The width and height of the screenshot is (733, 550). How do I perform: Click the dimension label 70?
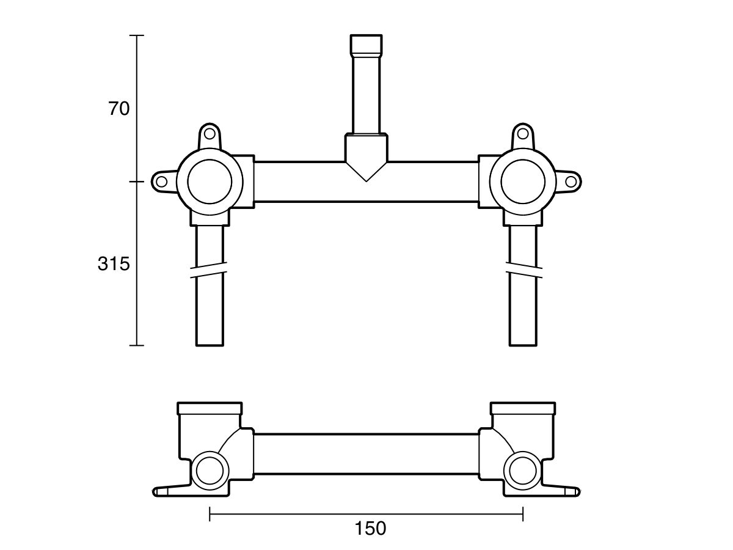[x=119, y=109]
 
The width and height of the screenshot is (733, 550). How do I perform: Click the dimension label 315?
[x=114, y=265]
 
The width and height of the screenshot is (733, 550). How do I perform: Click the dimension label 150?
[x=371, y=528]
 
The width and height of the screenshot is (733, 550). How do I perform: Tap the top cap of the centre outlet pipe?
[x=366, y=45]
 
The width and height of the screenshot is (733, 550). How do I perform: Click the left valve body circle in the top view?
[x=210, y=182]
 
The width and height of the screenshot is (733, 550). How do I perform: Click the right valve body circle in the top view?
[x=522, y=182]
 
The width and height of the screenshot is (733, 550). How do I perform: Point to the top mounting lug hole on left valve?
[x=210, y=133]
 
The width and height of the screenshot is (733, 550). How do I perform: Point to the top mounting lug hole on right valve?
[x=522, y=133]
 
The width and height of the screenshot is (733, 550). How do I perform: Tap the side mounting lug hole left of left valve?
[x=162, y=182]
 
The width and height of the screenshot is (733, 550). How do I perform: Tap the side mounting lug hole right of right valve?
[x=571, y=182]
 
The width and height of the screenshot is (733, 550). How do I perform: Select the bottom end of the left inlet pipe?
[x=210, y=343]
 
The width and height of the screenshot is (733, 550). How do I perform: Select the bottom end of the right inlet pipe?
[x=523, y=343]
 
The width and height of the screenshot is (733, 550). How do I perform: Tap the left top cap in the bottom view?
[x=210, y=408]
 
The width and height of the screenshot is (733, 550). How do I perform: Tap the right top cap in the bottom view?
[x=522, y=408]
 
